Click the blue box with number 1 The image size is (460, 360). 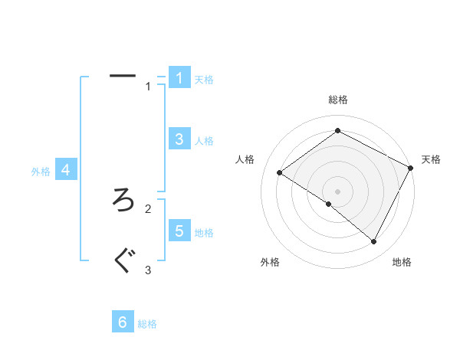(179, 77)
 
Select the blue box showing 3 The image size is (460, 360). (179, 139)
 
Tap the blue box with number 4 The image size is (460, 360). (66, 170)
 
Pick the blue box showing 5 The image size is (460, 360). (179, 231)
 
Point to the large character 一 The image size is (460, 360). (123, 76)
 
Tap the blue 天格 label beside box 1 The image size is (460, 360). (204, 79)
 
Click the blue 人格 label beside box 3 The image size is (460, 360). (204, 141)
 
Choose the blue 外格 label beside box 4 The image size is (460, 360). (41, 172)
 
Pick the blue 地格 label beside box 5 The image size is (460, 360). (204, 233)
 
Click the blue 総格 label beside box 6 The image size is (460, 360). (147, 324)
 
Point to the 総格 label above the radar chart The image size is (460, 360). (338, 100)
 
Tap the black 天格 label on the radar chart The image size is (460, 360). (431, 159)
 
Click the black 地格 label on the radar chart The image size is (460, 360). (402, 262)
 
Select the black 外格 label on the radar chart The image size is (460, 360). (270, 262)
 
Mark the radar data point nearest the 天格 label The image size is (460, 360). (410, 168)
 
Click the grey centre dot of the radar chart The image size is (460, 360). (337, 191)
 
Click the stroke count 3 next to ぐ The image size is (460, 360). (148, 270)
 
